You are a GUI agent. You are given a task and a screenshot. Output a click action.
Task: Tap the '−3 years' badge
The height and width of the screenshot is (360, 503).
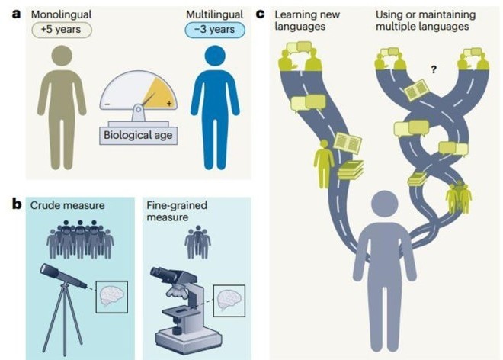click(213, 30)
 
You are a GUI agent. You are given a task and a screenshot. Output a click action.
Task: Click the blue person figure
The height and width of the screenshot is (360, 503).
click(215, 107)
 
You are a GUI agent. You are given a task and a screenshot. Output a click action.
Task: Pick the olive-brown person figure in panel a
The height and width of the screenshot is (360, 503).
click(61, 107)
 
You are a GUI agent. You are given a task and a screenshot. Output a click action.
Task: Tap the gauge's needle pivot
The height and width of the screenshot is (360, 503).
click(138, 108)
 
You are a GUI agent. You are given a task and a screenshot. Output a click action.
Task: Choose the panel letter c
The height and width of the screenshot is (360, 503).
click(261, 14)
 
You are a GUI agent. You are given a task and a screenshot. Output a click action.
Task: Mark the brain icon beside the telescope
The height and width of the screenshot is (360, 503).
click(111, 296)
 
